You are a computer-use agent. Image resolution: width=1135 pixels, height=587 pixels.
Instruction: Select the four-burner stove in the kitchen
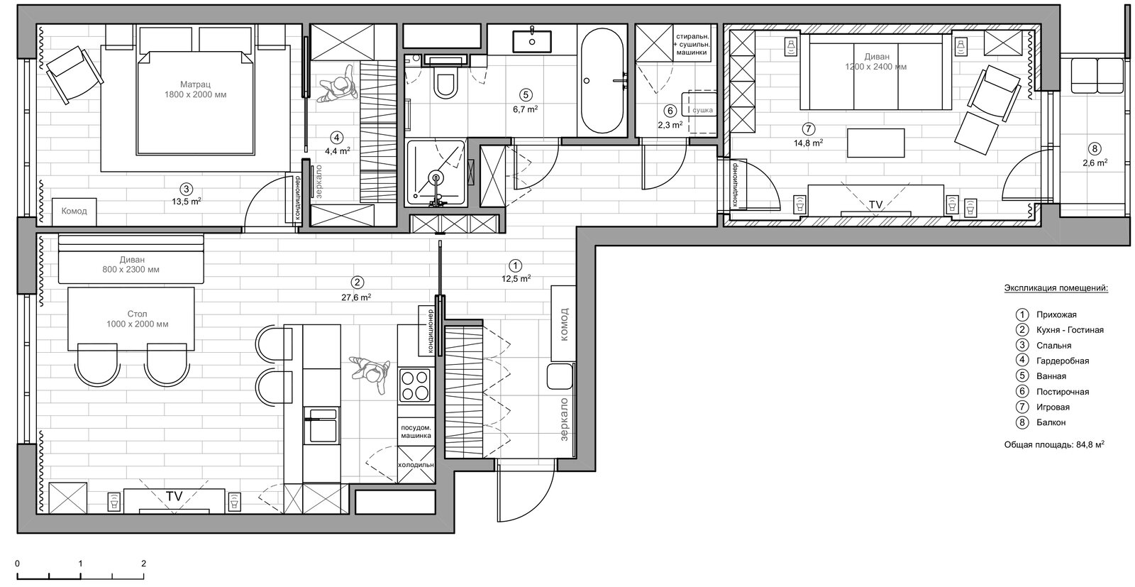tap(415, 385)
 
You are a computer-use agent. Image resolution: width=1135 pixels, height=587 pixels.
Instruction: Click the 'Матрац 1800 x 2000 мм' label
tap(196, 89)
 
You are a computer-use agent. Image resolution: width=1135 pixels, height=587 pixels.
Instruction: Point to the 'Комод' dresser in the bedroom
tap(74, 211)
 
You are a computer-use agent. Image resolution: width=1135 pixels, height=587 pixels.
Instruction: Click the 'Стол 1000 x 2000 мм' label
tap(138, 319)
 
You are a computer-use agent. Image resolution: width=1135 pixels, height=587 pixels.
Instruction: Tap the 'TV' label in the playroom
tap(875, 204)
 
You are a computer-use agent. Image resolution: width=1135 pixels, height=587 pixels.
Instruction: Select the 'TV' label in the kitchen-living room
tap(174, 496)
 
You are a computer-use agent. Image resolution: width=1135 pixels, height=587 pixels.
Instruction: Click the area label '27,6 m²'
tap(356, 297)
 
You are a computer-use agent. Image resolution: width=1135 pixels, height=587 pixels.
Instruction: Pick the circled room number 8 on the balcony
tap(1095, 148)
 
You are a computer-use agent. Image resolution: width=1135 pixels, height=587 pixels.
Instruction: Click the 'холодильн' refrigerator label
tap(416, 464)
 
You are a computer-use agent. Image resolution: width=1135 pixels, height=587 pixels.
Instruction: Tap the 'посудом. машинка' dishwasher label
tap(416, 432)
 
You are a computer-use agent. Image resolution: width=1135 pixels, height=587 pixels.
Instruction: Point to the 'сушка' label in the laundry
tap(703, 110)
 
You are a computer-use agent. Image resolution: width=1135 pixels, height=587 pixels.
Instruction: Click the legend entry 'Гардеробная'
tap(1063, 361)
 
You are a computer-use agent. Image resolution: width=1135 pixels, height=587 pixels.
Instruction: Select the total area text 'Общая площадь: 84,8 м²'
tap(1054, 444)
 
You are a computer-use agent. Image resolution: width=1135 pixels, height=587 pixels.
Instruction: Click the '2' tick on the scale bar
tap(144, 563)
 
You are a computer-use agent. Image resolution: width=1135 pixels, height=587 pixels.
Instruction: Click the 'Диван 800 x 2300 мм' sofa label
tap(131, 265)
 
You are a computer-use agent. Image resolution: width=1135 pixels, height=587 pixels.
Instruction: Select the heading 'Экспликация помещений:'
tap(1056, 288)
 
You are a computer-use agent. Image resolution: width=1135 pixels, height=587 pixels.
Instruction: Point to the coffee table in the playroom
tap(875, 143)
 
